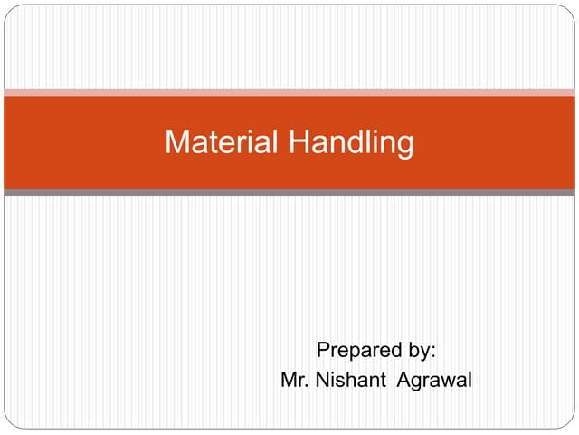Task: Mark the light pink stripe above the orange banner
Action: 289,92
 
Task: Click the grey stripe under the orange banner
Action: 289,192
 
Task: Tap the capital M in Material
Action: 176,142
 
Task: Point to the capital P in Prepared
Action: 323,351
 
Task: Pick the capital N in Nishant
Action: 323,381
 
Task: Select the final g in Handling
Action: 405,145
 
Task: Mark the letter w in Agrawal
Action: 448,382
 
